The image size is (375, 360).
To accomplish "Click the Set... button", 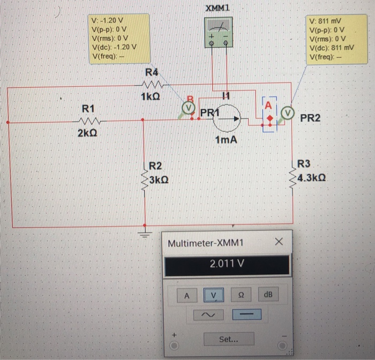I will (x=229, y=339).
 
